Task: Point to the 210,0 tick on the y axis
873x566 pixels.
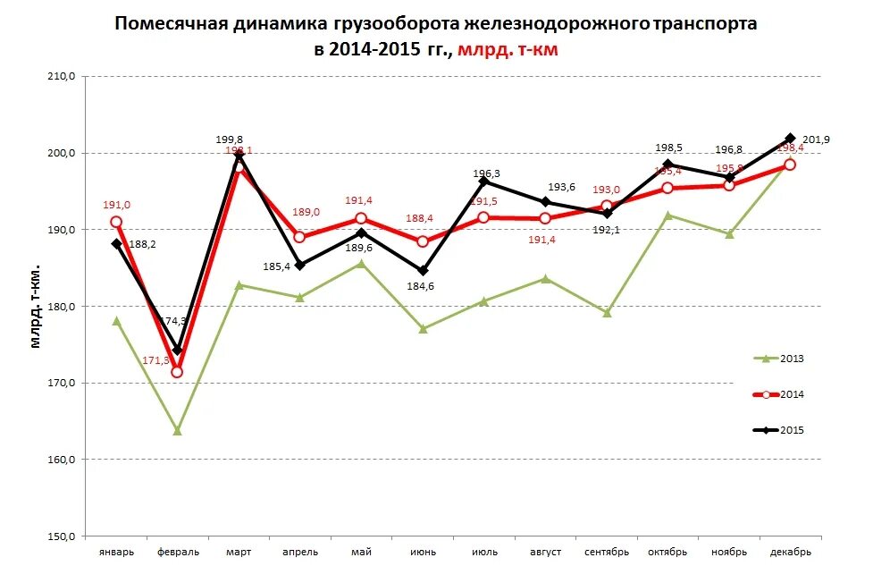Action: [63, 77]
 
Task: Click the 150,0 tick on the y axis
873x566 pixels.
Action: [63, 536]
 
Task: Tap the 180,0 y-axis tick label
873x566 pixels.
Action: [63, 307]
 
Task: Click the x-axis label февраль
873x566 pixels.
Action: [177, 552]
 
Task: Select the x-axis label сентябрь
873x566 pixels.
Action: [607, 552]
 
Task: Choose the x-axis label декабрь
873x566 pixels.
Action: [790, 552]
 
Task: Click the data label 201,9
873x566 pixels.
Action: [816, 139]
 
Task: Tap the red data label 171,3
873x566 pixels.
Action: [155, 360]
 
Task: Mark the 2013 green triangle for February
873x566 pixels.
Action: [177, 431]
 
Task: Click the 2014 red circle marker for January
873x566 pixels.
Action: [116, 222]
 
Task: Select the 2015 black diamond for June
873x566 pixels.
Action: [423, 271]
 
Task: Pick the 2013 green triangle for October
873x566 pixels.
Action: [668, 215]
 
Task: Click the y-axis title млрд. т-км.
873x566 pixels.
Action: [37, 306]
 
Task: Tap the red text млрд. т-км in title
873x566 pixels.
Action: [508, 50]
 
